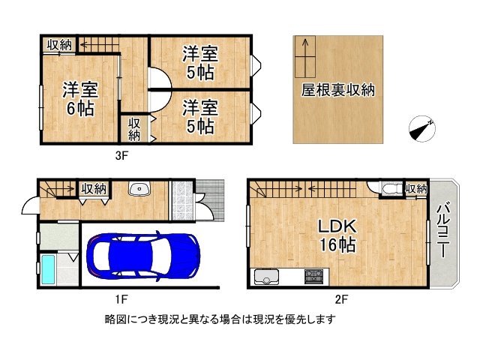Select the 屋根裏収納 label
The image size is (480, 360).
pyautogui.click(x=338, y=91)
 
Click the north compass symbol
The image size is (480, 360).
pyautogui.click(x=421, y=129)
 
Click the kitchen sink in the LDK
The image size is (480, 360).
pyautogui.click(x=266, y=278)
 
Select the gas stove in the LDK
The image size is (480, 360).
pyautogui.click(x=313, y=277)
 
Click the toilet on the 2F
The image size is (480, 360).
pyautogui.click(x=389, y=189)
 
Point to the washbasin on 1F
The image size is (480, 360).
pyautogui.click(x=139, y=189)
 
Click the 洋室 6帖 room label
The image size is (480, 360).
pyautogui.click(x=78, y=98)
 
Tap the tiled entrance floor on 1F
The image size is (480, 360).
pyautogui.click(x=182, y=199)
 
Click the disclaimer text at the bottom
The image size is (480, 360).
pyautogui.click(x=220, y=319)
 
